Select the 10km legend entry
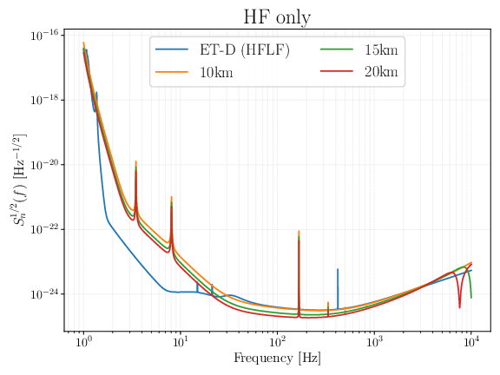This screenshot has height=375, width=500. [x=215, y=72]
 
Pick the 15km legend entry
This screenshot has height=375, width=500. [x=381, y=49]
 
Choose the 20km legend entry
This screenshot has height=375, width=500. [x=381, y=72]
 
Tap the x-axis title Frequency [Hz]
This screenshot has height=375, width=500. [x=277, y=359]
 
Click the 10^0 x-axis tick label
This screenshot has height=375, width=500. [x=84, y=343]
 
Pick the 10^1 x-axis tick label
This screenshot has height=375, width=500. [x=181, y=343]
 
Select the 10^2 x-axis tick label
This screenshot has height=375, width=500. [x=278, y=343]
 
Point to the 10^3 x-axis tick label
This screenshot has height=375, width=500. [x=374, y=343]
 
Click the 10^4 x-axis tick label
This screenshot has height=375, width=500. [x=471, y=343]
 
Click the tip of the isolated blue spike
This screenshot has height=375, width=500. [x=338, y=269]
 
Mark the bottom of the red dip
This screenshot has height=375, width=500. [x=460, y=306]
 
